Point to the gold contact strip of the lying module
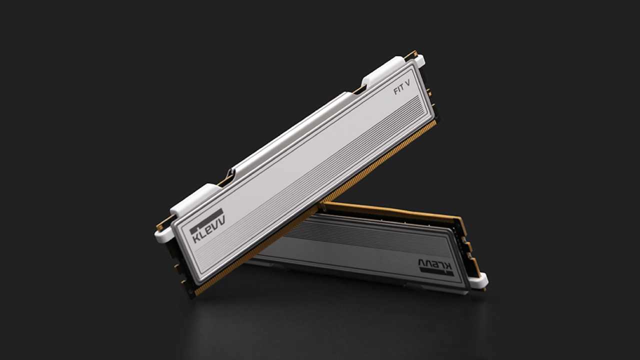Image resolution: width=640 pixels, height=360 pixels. tap(395, 210)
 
